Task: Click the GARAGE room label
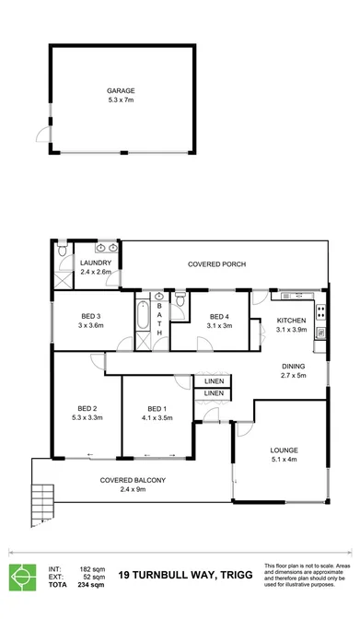(x=121, y=91)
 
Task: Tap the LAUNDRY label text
(x=95, y=263)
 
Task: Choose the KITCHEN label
(x=293, y=320)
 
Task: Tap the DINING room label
(x=293, y=367)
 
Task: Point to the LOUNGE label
(x=284, y=450)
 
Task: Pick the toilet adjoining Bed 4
(x=181, y=300)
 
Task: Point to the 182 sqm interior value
(x=89, y=570)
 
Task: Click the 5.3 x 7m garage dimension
(x=121, y=100)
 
